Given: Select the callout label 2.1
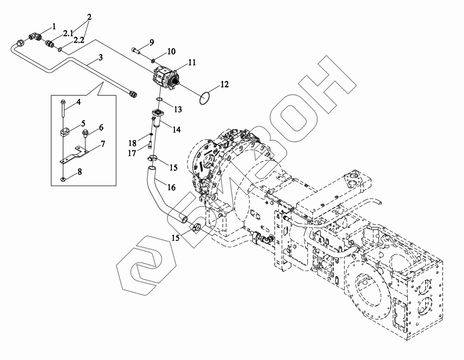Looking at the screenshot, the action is pyautogui.click(x=68, y=33).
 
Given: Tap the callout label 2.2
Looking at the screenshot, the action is pyautogui.click(x=78, y=40).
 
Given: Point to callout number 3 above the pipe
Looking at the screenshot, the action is pyautogui.click(x=100, y=58).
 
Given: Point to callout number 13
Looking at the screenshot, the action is pyautogui.click(x=176, y=130).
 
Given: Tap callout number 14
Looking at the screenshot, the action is pyautogui.click(x=171, y=187).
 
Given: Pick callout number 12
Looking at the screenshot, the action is pyautogui.click(x=224, y=85).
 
